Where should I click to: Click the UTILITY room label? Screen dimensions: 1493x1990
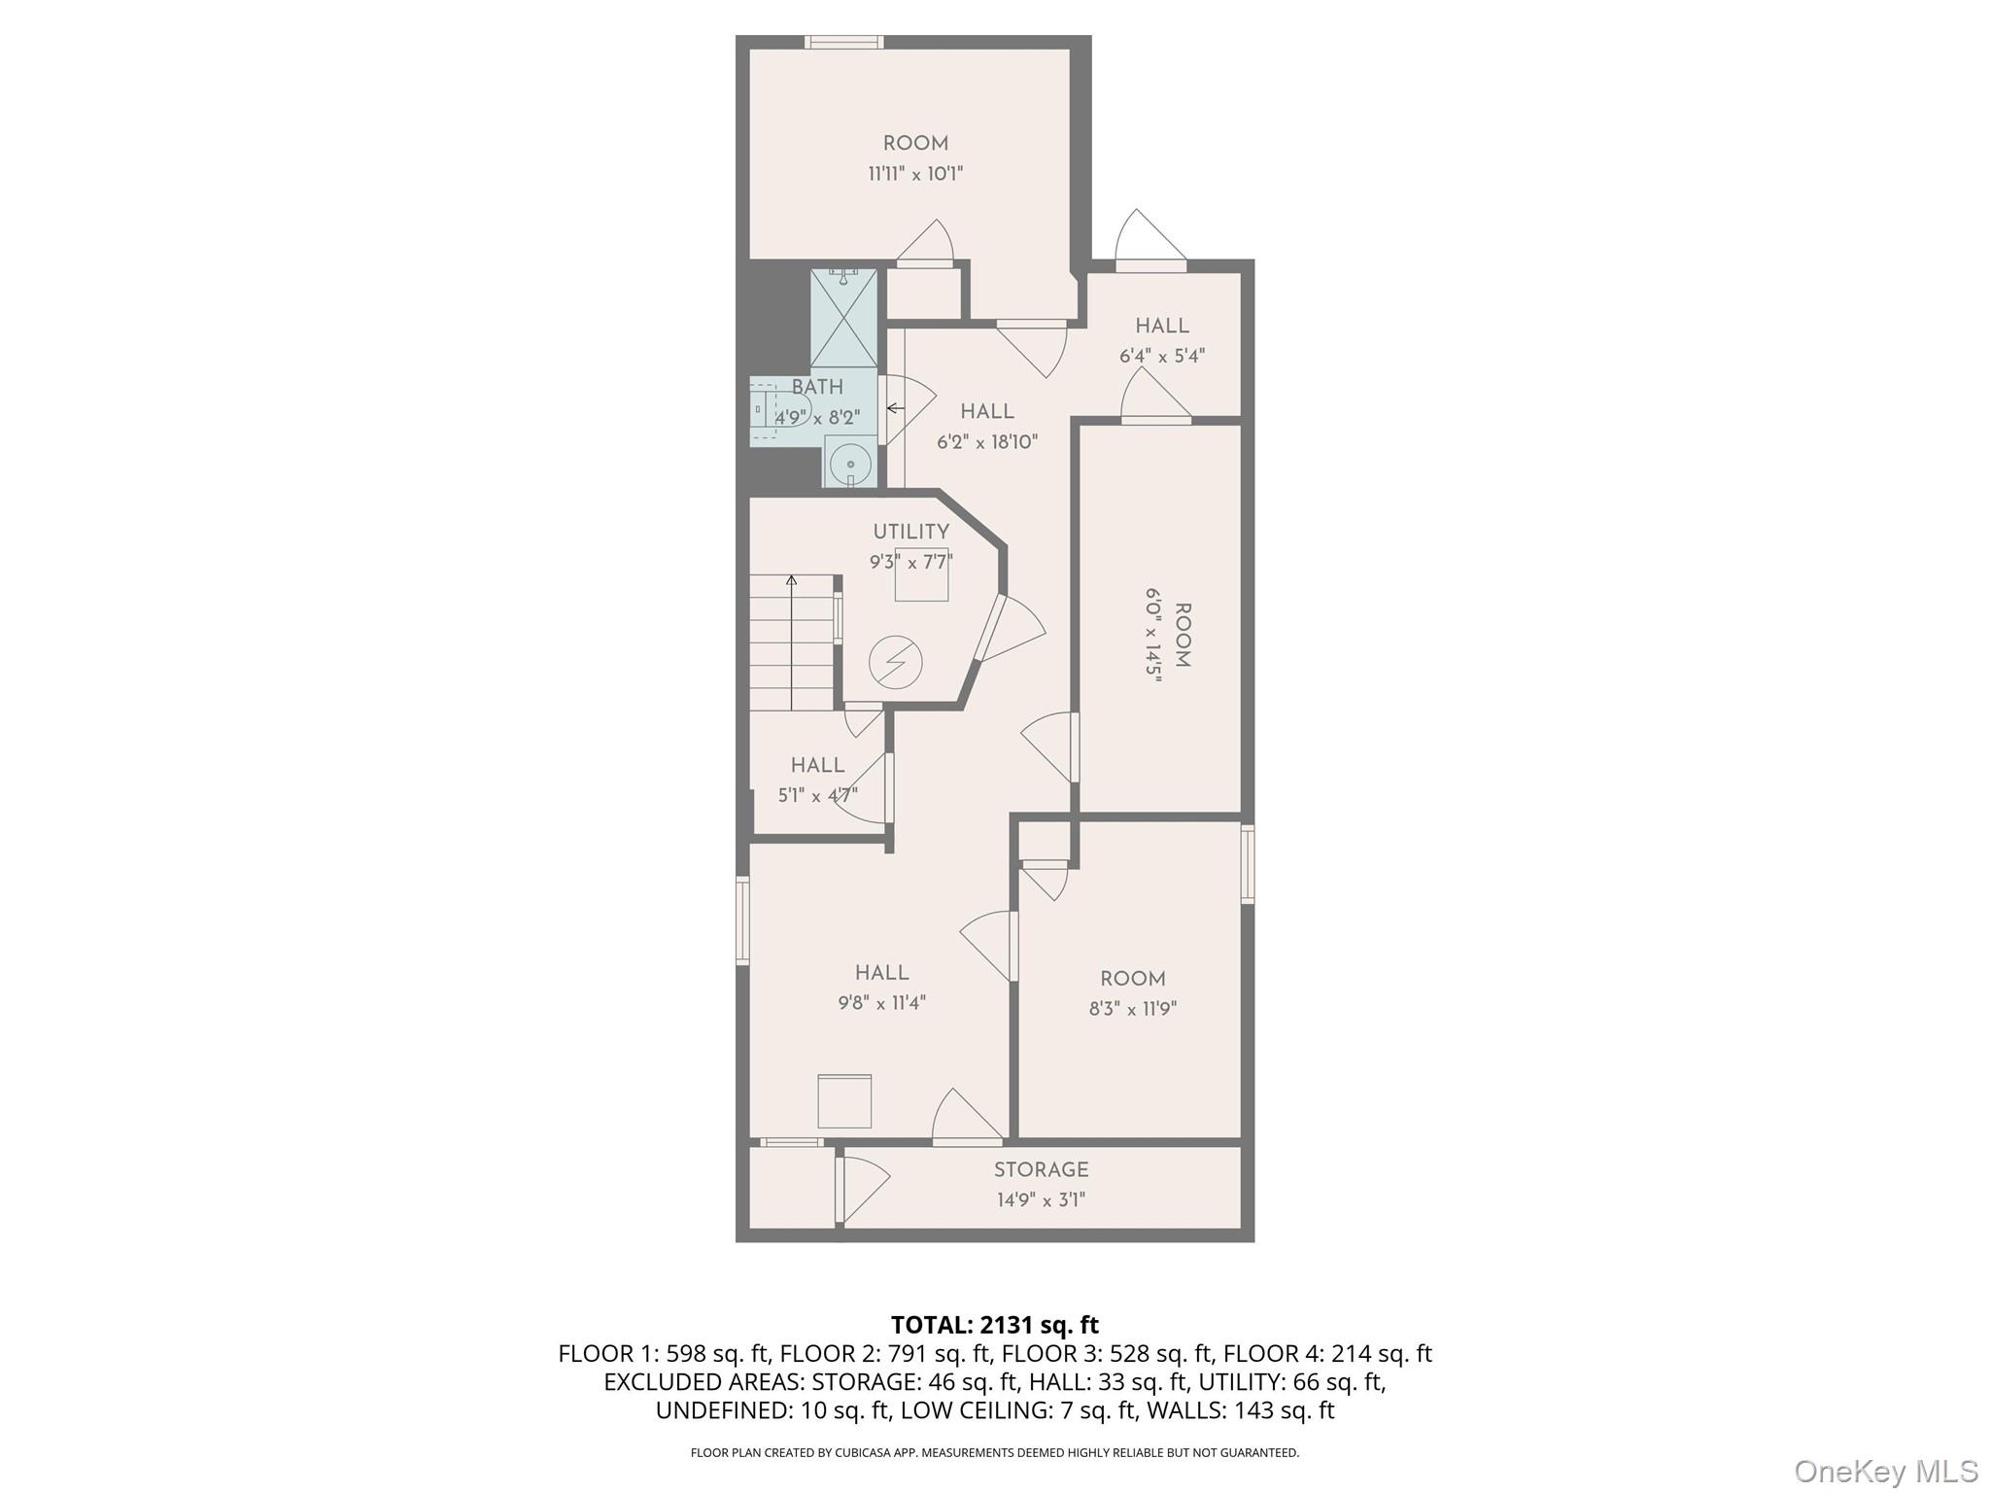pyautogui.click(x=910, y=532)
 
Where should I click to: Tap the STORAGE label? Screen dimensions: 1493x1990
pyautogui.click(x=1041, y=1170)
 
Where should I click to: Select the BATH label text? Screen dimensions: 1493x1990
pyautogui.click(x=817, y=387)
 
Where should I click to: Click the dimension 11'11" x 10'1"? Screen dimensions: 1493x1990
pyautogui.click(x=915, y=174)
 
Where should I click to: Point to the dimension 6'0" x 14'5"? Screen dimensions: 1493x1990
pyautogui.click(x=1153, y=636)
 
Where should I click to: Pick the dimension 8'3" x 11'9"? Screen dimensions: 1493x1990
pyautogui.click(x=1132, y=1009)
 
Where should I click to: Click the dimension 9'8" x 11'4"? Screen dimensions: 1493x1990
pyautogui.click(x=881, y=1003)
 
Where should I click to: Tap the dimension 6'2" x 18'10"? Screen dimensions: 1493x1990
pyautogui.click(x=987, y=442)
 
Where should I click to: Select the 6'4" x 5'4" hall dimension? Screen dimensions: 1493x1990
pyautogui.click(x=1162, y=356)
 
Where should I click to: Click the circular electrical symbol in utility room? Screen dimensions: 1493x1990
pyautogui.click(x=895, y=663)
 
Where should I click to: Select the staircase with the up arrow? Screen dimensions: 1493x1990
pyautogui.click(x=791, y=642)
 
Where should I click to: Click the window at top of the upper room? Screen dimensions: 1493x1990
pyautogui.click(x=843, y=42)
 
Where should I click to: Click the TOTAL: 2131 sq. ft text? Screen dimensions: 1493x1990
pyautogui.click(x=994, y=1325)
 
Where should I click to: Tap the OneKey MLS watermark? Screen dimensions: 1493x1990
pyautogui.click(x=1885, y=1471)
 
